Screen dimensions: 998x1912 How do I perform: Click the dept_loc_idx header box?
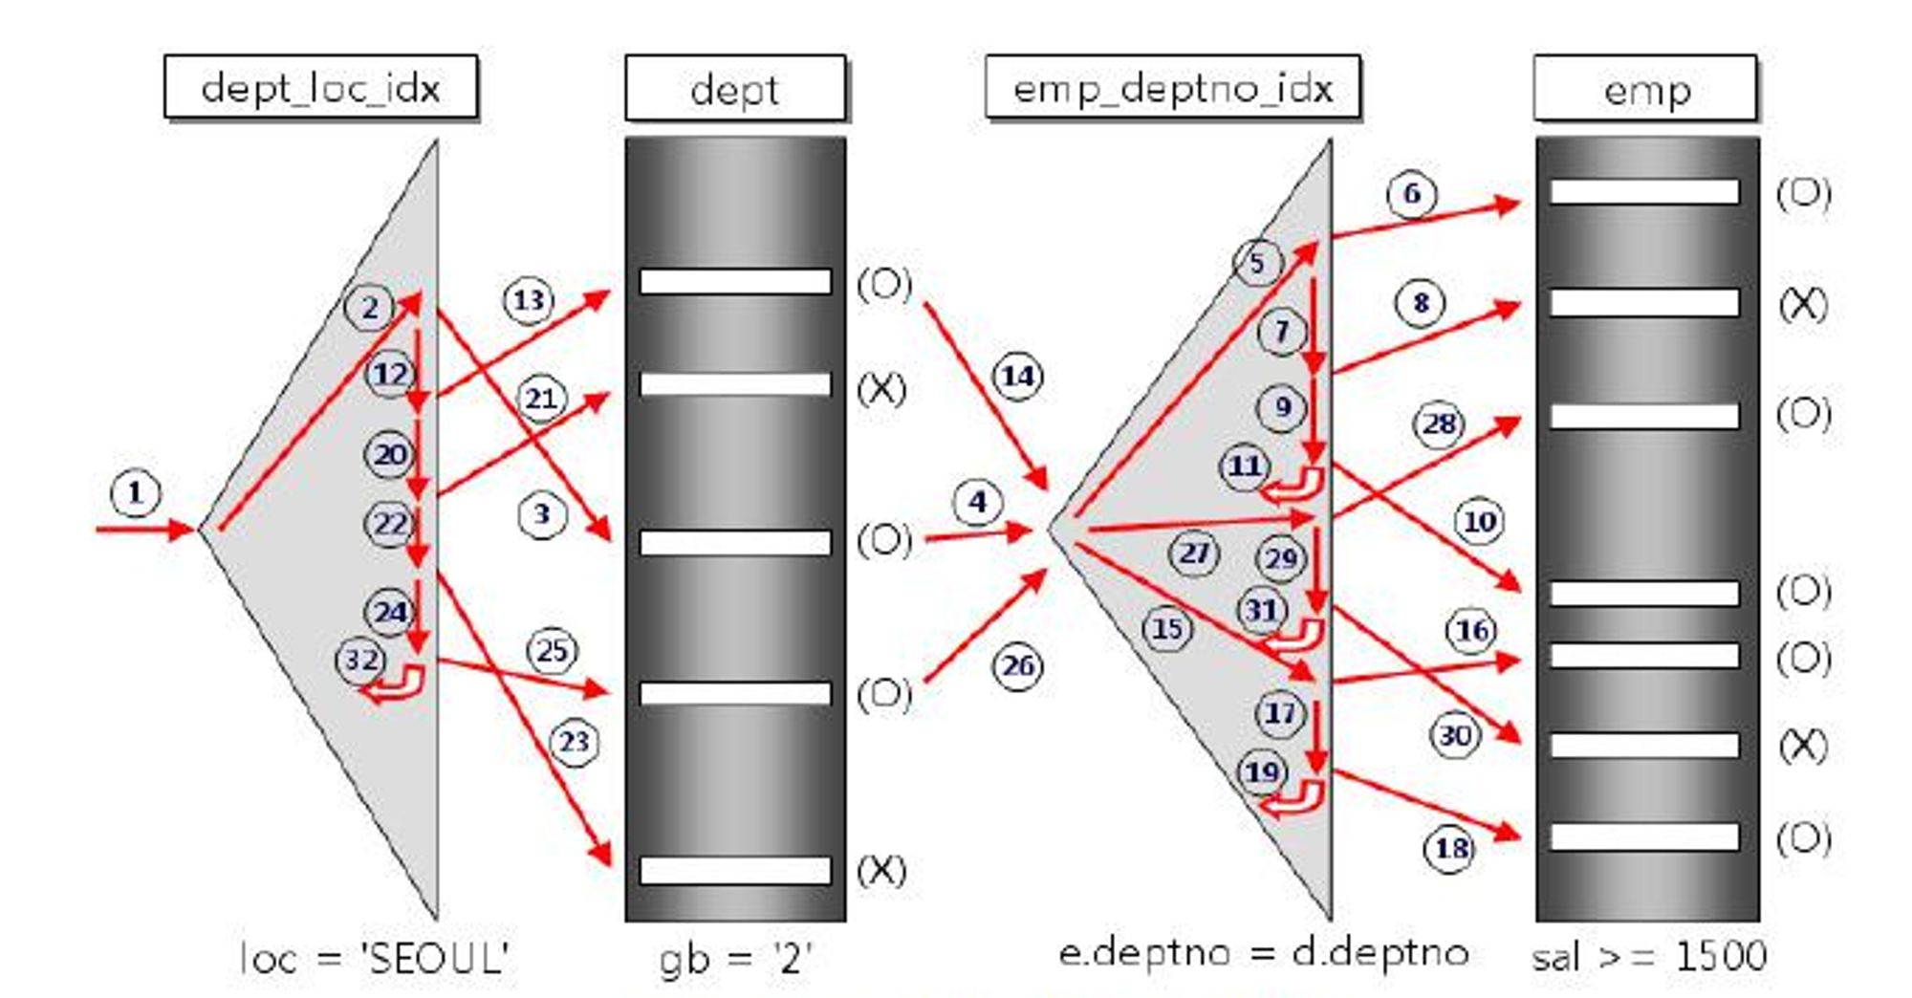pyautogui.click(x=320, y=88)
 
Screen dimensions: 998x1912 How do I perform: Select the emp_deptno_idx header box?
pyautogui.click(x=1172, y=88)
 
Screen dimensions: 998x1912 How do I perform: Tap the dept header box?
pyautogui.click(x=734, y=89)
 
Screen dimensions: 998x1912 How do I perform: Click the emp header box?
pyautogui.click(x=1645, y=89)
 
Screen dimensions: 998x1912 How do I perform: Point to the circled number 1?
pyautogui.click(x=135, y=493)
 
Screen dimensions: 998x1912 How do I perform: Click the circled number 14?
pyautogui.click(x=1017, y=377)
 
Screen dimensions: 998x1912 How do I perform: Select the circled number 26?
pyautogui.click(x=1017, y=665)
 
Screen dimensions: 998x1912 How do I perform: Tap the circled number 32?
pyautogui.click(x=361, y=660)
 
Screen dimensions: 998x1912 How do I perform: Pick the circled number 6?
pyautogui.click(x=1412, y=194)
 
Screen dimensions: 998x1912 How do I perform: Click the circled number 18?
pyautogui.click(x=1450, y=848)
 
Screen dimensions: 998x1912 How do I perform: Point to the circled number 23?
pyautogui.click(x=574, y=742)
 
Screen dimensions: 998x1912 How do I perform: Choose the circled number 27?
pyautogui.click(x=1194, y=553)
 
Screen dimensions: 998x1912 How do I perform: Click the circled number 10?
pyautogui.click(x=1479, y=522)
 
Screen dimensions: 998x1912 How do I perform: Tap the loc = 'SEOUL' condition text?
pyautogui.click(x=374, y=957)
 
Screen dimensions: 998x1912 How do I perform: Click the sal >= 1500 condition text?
pyautogui.click(x=1649, y=956)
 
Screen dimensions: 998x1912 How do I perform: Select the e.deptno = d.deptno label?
pyautogui.click(x=1263, y=953)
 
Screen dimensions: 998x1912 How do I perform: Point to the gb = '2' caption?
pyautogui.click(x=735, y=958)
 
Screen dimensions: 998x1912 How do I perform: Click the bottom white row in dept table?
pyautogui.click(x=735, y=870)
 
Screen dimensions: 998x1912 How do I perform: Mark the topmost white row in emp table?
pyautogui.click(x=1644, y=192)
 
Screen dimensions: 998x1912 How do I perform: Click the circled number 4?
pyautogui.click(x=976, y=503)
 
